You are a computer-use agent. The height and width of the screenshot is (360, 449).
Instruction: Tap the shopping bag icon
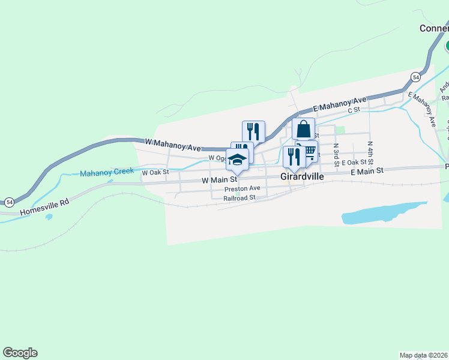pos(303,129)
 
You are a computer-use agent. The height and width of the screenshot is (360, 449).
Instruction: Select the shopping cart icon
pos(309,152)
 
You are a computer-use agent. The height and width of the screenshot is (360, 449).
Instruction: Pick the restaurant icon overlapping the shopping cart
pos(294,157)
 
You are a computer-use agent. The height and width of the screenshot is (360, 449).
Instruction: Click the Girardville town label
pos(302,177)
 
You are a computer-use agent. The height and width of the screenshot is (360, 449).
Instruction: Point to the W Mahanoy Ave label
pos(173,144)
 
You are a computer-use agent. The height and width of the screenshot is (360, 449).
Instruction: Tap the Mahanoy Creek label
pos(107,172)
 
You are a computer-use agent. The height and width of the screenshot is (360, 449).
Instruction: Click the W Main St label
pos(220,179)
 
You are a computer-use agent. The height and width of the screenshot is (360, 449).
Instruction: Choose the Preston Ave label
pos(242,188)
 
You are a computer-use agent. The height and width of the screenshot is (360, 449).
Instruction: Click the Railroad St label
pos(240,197)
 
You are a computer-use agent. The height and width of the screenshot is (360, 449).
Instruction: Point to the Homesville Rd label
pos(45,206)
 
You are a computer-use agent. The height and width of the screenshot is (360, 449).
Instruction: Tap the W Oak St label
pos(155,172)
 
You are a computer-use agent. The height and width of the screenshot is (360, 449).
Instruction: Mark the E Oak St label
pos(354,163)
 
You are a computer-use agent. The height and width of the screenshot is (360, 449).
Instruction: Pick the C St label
pos(354,110)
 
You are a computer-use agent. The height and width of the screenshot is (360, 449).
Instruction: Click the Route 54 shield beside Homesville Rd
pos(9,202)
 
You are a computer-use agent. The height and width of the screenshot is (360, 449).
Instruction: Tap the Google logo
pos(20,353)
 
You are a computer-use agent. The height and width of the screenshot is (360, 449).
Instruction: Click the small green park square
pos(340,130)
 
